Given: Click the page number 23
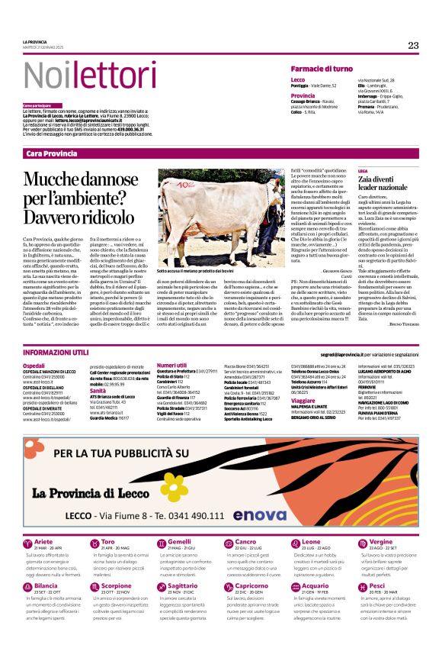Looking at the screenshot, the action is [x=413, y=45].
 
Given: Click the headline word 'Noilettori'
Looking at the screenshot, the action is [x=81, y=75].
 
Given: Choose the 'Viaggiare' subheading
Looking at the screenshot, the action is [x=303, y=400].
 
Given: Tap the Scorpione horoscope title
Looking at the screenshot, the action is [x=116, y=585].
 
